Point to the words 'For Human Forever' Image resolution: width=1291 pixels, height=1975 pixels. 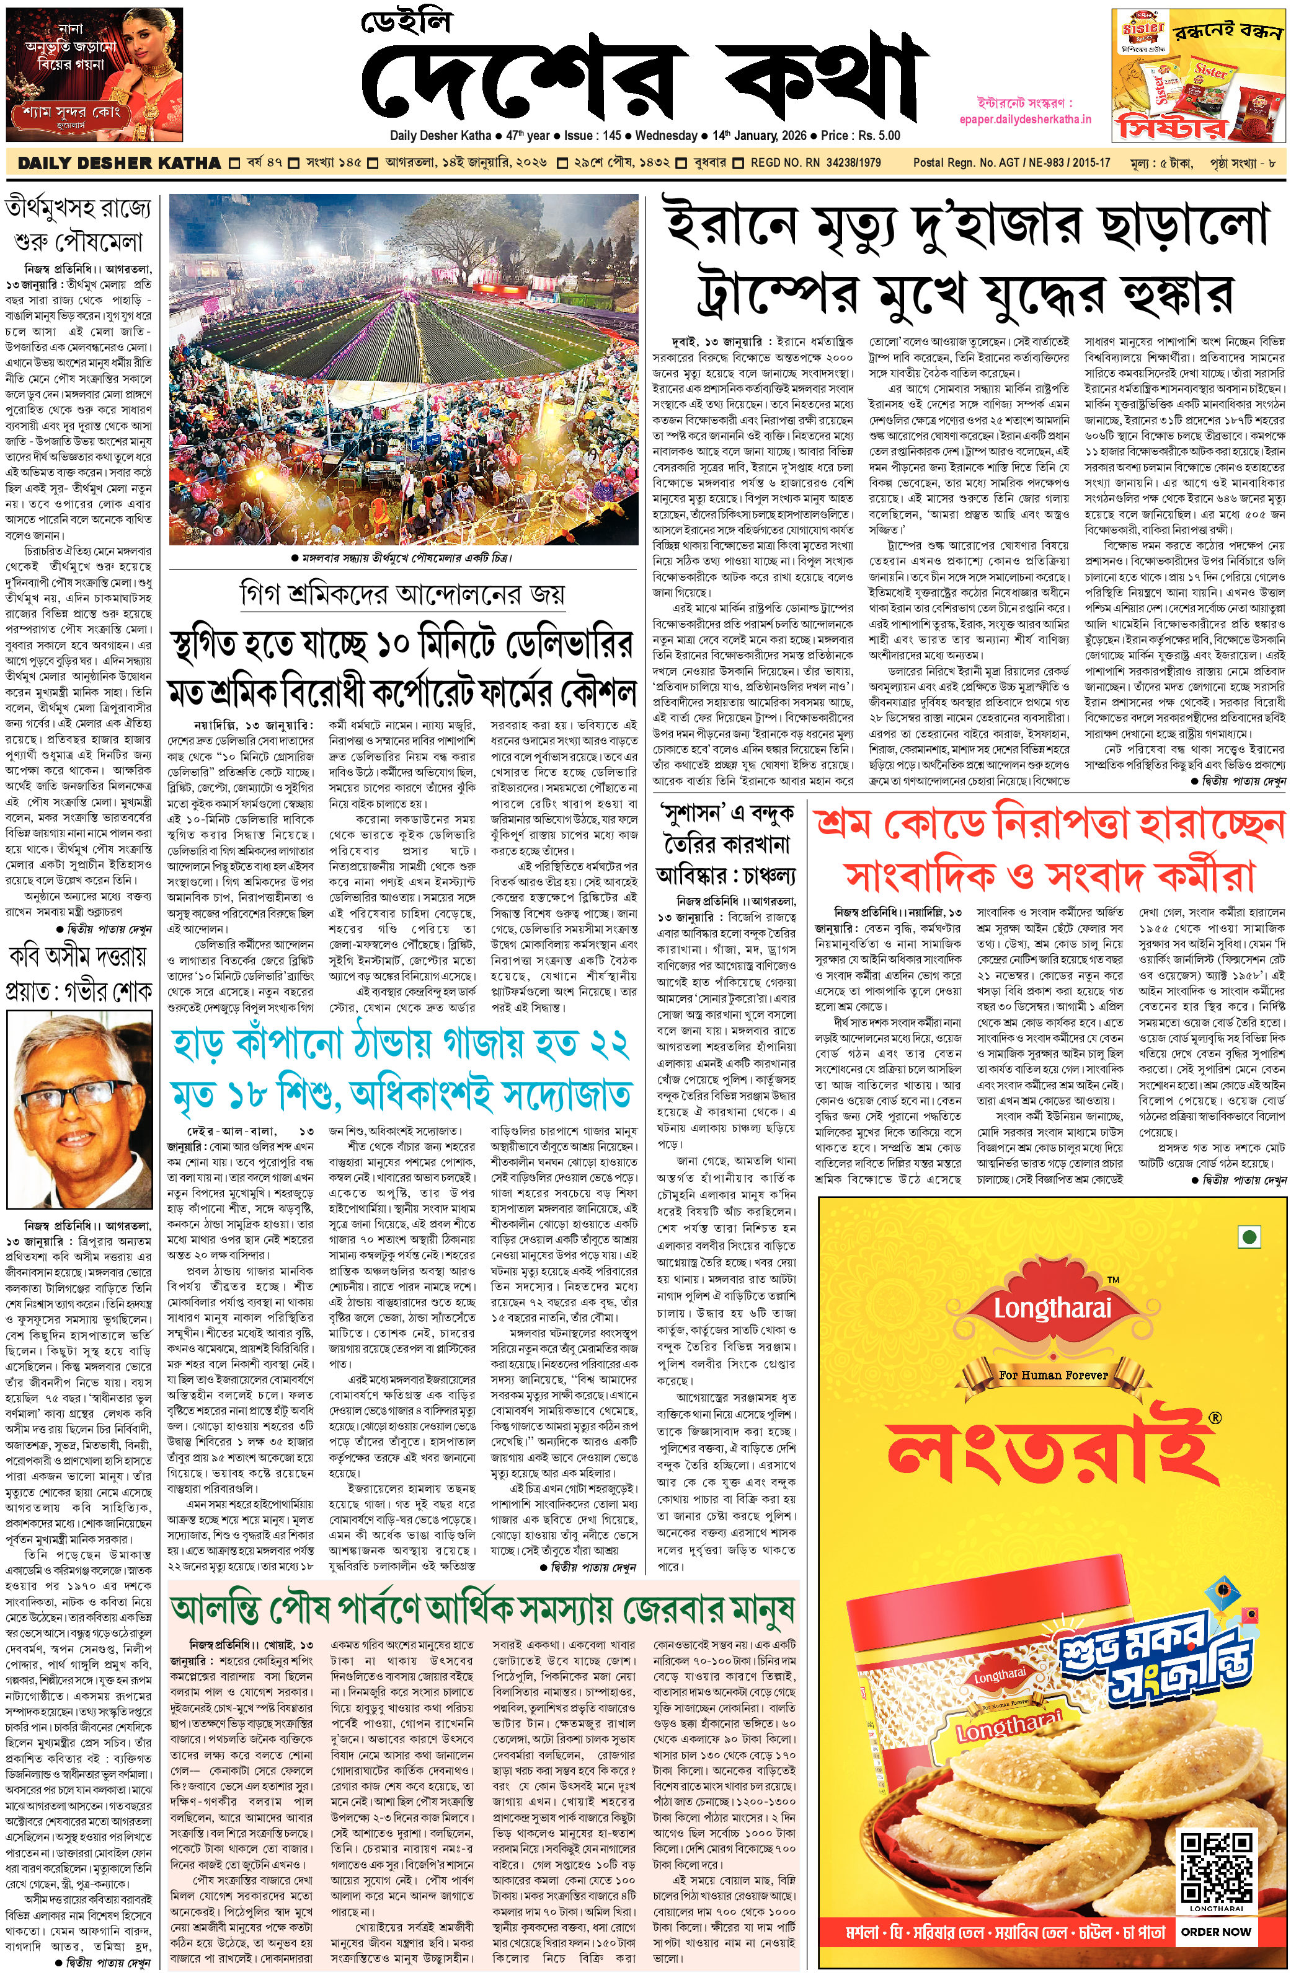(x=1053, y=1375)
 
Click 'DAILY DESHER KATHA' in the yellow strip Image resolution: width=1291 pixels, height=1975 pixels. (x=118, y=164)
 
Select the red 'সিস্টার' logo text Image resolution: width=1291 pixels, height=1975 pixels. (x=1171, y=129)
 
